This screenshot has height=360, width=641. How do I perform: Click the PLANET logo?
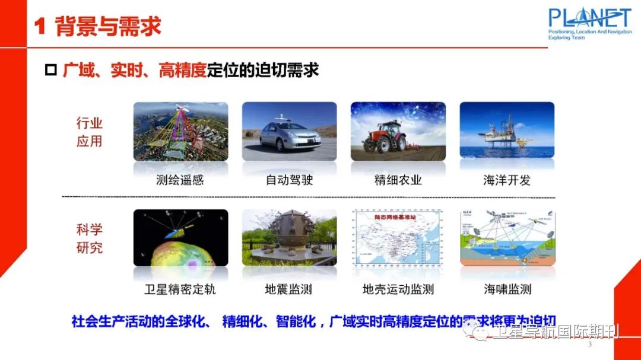pos(589,23)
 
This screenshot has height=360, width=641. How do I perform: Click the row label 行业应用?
pos(90,132)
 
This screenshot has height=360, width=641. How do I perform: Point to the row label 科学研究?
pos(90,238)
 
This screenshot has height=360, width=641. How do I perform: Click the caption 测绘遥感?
pos(180,180)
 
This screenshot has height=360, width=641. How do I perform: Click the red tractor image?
pos(386,138)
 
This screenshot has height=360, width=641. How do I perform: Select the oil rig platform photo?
pos(507,132)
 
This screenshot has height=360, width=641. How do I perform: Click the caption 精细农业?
pos(398,180)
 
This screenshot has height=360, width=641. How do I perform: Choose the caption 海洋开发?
pos(506,180)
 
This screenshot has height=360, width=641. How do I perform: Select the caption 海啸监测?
pos(507,289)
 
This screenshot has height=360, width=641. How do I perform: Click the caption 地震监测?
pos(288,289)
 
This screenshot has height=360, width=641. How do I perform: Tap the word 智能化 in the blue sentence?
pos(295,322)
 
